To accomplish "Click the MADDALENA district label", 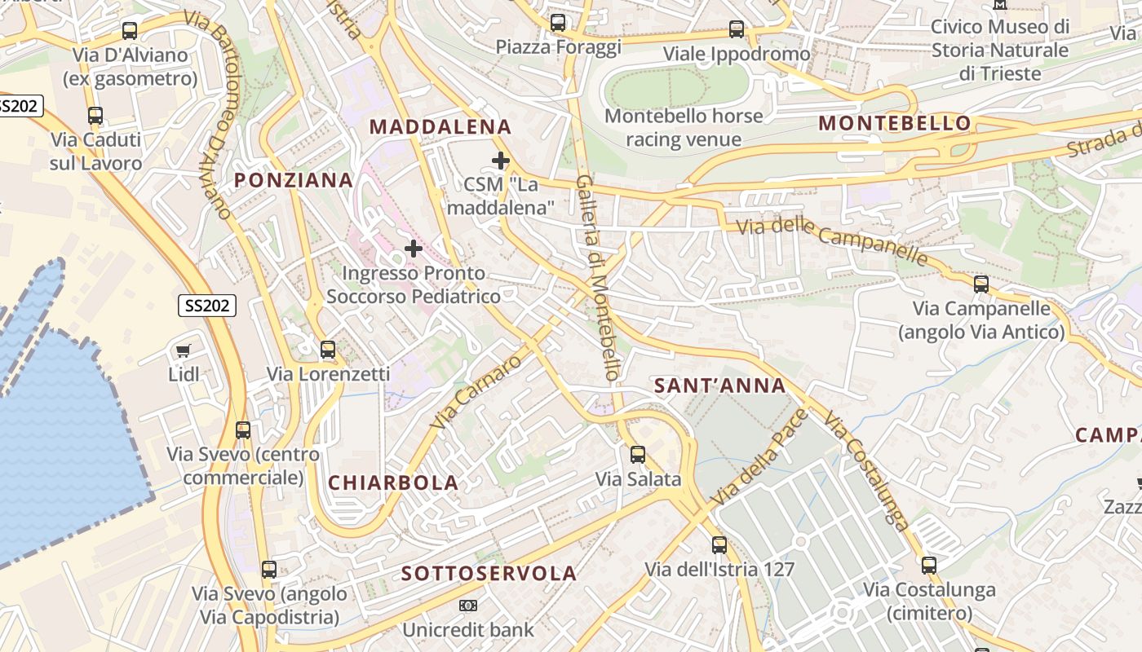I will pyautogui.click(x=440, y=126).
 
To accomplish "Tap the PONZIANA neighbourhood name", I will pyautogui.click(x=294, y=180).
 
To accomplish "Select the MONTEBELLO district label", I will pyautogui.click(x=895, y=123).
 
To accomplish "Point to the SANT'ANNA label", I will pyautogui.click(x=720, y=385).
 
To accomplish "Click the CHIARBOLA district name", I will pyautogui.click(x=393, y=482).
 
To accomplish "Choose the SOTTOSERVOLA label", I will pyautogui.click(x=489, y=574).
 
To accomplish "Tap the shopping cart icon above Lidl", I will pyautogui.click(x=184, y=351).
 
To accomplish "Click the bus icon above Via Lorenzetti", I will pyautogui.click(x=328, y=350).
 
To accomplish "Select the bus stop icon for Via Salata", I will pyautogui.click(x=638, y=455).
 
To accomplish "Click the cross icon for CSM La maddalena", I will pyautogui.click(x=501, y=161).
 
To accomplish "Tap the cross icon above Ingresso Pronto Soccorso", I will pyautogui.click(x=414, y=248).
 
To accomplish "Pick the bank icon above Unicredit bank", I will pyautogui.click(x=467, y=606).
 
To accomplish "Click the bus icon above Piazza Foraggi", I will pyautogui.click(x=558, y=23).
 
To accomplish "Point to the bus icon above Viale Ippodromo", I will pyautogui.click(x=737, y=29).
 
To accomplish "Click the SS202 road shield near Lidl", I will pyautogui.click(x=207, y=306).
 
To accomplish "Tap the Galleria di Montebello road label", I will pyautogui.click(x=600, y=277).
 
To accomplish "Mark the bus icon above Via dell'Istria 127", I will pyautogui.click(x=719, y=544).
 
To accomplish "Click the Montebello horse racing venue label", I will pyautogui.click(x=684, y=127).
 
